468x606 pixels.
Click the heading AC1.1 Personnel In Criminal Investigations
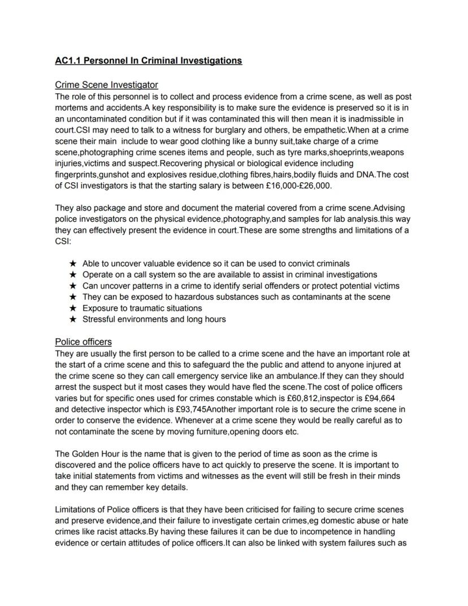click(148, 61)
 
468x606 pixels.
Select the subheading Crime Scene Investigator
click(106, 85)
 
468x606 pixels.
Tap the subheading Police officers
click(83, 342)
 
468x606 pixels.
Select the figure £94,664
click(376, 398)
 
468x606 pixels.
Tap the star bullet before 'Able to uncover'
click(72, 264)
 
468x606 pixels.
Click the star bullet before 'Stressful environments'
click(72, 320)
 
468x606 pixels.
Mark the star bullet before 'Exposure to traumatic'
click(72, 308)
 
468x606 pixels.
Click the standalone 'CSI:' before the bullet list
click(64, 241)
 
